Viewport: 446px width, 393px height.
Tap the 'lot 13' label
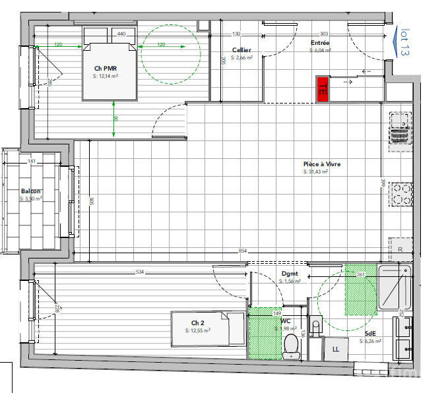[405, 42]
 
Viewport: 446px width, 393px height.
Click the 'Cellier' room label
[241, 51]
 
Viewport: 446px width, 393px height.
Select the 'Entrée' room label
[320, 43]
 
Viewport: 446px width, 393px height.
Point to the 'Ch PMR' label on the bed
[106, 69]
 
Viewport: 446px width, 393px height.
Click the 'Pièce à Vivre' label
[321, 164]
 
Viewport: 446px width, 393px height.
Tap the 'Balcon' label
[30, 191]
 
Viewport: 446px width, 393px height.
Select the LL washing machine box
[335, 348]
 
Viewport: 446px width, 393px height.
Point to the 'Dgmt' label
[289, 273]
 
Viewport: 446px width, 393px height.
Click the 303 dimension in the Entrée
[323, 34]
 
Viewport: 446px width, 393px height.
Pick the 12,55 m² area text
[198, 330]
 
